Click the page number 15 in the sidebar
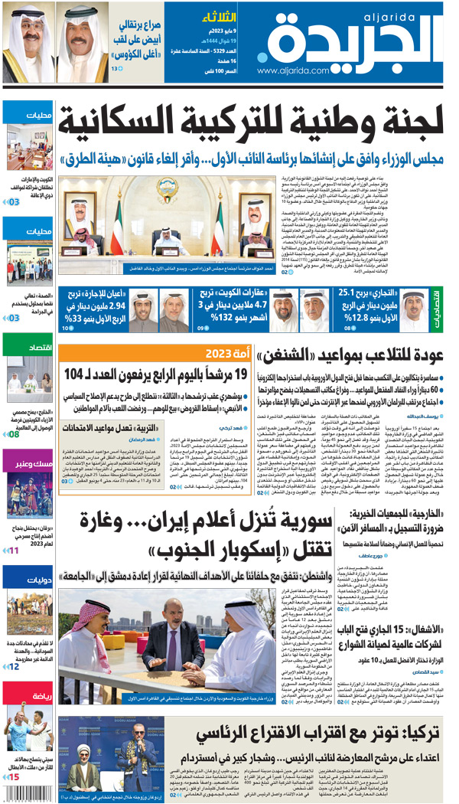[13, 777]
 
